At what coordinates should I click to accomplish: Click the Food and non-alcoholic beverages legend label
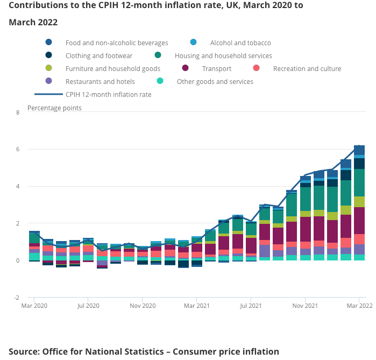point(117,43)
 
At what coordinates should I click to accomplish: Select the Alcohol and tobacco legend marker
point(194,43)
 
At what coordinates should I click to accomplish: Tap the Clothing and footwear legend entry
point(98,55)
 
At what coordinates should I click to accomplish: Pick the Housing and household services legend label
point(223,55)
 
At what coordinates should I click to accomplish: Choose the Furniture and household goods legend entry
point(113,68)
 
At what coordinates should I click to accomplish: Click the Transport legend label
point(216,68)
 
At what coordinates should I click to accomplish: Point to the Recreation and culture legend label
point(307,68)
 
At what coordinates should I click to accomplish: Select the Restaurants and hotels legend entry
point(100,81)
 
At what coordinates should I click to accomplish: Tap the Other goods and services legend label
point(215,81)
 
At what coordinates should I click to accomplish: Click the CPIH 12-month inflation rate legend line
point(48,94)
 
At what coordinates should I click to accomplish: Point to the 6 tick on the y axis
point(18,149)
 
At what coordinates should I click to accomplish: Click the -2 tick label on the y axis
point(16,298)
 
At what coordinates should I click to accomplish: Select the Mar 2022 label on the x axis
point(359,306)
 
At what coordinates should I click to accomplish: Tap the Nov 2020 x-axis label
point(143,306)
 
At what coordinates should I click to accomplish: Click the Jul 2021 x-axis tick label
point(251,306)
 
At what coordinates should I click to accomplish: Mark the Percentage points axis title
point(54,108)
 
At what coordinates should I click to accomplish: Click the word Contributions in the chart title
point(39,5)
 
